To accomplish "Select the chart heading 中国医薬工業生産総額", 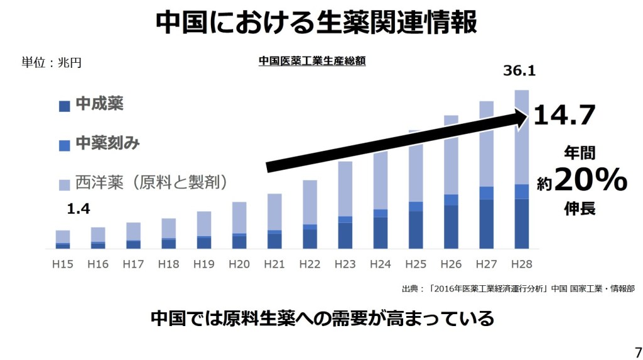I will point(312,61).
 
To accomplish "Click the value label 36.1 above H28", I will point(519,71).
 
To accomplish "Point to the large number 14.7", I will point(564,116).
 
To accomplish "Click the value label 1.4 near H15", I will point(78,209).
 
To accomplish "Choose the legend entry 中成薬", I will point(99,104).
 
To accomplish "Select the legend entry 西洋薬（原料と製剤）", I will point(151,182).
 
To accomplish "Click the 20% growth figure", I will point(590,181).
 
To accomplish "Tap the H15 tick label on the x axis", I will point(63,265).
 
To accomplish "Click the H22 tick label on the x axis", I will point(310,265).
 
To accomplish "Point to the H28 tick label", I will point(521,265).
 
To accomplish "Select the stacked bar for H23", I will point(345,205).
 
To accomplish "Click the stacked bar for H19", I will point(203,230).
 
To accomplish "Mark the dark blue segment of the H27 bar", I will point(486,224).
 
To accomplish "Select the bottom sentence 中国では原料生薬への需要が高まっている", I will point(322,318).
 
